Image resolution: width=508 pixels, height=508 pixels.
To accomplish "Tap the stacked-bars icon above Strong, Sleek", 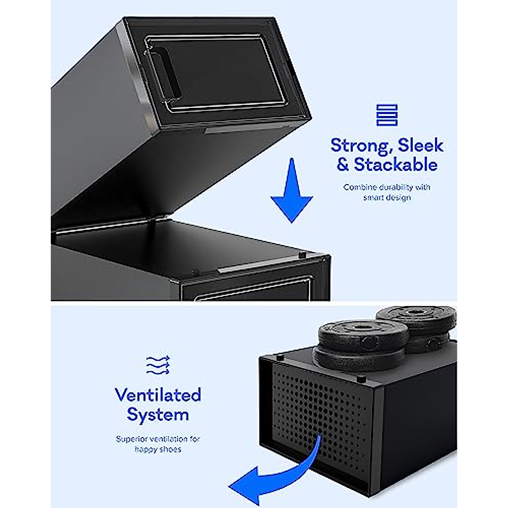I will [x=387, y=115].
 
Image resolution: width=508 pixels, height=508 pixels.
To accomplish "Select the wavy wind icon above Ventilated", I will [x=158, y=365].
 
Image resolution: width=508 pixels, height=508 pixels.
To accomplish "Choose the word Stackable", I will [x=395, y=164].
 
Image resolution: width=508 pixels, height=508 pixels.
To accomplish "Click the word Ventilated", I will [x=158, y=395].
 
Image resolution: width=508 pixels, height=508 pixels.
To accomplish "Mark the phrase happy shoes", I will [x=158, y=449].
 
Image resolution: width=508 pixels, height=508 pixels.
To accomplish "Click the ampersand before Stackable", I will [x=342, y=164].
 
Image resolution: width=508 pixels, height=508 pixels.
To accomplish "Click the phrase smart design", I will [x=387, y=197].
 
